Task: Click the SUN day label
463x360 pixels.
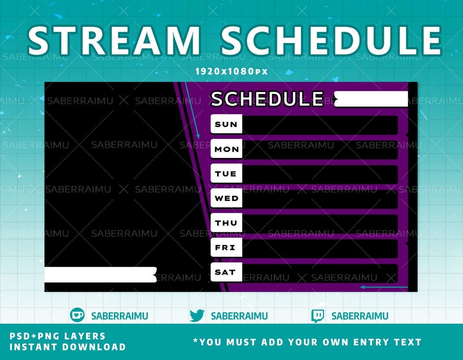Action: [x=226, y=124]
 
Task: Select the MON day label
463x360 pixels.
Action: [x=226, y=149]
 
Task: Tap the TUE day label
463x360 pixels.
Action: [x=226, y=174]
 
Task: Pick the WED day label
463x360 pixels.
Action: [x=226, y=198]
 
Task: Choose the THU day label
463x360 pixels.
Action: [x=226, y=223]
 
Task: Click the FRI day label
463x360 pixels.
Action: [x=226, y=248]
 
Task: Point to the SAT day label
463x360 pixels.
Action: [x=226, y=272]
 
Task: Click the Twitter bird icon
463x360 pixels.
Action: [x=197, y=315]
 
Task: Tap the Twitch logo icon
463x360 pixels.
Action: [x=318, y=316]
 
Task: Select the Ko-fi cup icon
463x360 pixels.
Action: [x=77, y=315]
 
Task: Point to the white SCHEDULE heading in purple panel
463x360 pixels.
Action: [x=267, y=99]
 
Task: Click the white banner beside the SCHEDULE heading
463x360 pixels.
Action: [x=371, y=99]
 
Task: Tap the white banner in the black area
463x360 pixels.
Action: [x=100, y=275]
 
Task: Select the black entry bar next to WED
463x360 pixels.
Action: [x=320, y=198]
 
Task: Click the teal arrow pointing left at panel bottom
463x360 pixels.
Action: [x=383, y=287]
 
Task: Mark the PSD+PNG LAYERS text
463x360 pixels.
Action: [x=57, y=336]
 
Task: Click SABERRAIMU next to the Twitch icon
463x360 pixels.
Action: [x=359, y=316]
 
